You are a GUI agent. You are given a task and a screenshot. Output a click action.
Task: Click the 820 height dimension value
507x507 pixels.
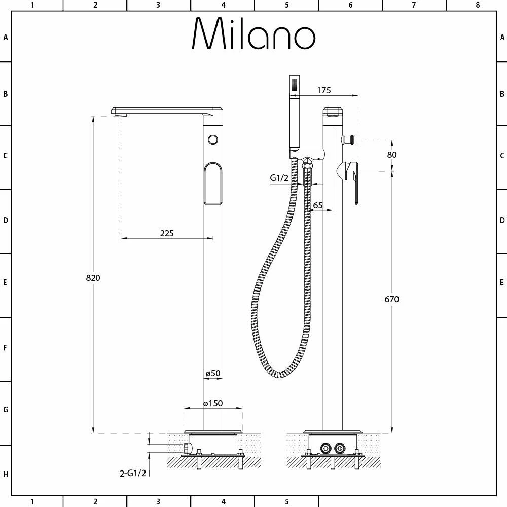(x=93, y=278)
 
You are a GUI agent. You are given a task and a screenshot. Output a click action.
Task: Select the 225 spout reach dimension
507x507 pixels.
(x=167, y=233)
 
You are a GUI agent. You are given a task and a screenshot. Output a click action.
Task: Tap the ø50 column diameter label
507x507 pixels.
(x=213, y=374)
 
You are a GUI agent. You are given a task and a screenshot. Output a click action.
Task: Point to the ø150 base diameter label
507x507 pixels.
(x=213, y=404)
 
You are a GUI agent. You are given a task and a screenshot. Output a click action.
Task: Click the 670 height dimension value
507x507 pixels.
(x=391, y=299)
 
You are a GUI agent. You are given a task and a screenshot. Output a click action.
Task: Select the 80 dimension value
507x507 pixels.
(x=391, y=155)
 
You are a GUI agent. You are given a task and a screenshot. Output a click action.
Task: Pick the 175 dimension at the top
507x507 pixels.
(x=323, y=90)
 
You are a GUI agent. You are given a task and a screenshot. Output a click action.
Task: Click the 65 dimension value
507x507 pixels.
(x=318, y=205)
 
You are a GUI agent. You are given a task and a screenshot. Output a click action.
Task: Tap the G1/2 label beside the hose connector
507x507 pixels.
(x=279, y=178)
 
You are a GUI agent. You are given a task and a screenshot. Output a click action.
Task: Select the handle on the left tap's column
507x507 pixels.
(x=213, y=183)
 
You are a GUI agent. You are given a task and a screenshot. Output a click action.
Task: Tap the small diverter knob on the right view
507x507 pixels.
(x=348, y=139)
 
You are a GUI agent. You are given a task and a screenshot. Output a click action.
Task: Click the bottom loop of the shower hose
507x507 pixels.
(x=276, y=373)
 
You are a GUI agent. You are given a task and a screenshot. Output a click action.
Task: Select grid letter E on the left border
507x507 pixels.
(x=6, y=282)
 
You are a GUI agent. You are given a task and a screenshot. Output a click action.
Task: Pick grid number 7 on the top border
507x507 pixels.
(x=414, y=5)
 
